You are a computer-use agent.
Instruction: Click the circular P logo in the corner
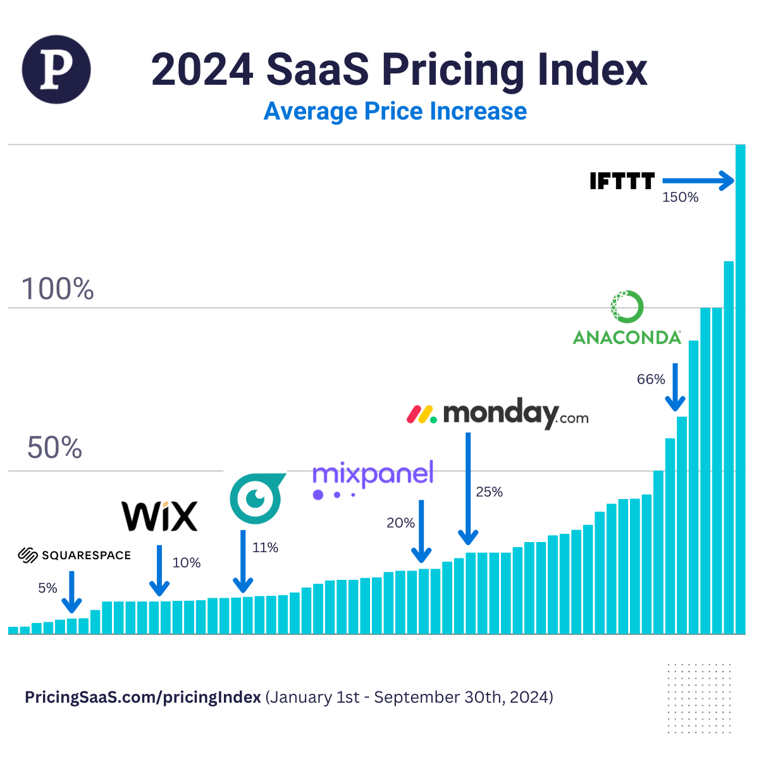[x=56, y=70]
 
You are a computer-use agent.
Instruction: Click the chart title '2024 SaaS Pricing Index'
[x=399, y=69]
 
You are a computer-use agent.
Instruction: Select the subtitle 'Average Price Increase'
[x=395, y=111]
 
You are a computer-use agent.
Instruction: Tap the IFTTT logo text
[x=622, y=182]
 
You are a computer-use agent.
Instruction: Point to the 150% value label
[x=680, y=197]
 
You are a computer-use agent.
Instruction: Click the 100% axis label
[x=58, y=289]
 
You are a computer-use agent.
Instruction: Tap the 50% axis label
[x=54, y=448]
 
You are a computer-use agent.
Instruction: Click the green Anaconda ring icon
[x=627, y=307]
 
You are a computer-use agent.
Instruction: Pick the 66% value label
[x=650, y=379]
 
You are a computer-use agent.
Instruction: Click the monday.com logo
[x=497, y=414]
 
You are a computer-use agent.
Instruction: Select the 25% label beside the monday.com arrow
[x=489, y=492]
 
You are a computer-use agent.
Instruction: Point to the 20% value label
[x=400, y=523]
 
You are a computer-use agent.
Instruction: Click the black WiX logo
[x=159, y=516]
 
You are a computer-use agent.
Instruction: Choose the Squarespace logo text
[x=74, y=555]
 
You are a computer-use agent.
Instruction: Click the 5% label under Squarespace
[x=47, y=588]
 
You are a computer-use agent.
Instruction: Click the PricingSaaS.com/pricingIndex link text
[x=142, y=697]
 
